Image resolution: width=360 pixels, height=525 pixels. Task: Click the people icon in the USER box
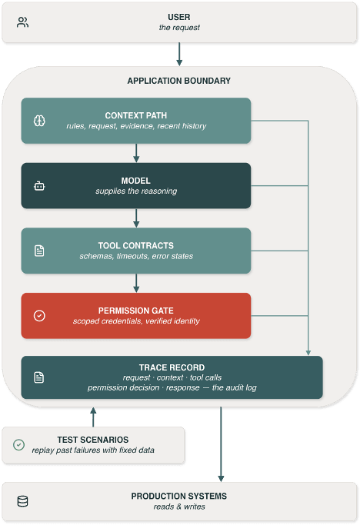tap(22, 22)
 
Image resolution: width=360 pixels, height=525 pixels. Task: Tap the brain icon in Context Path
tap(39, 121)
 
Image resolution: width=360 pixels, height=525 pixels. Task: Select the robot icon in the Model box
tap(39, 186)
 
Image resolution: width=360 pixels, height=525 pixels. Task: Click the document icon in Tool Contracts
tap(39, 251)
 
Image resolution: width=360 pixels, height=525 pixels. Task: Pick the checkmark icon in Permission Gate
tap(39, 316)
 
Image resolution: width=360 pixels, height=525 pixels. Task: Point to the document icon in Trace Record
tap(39, 377)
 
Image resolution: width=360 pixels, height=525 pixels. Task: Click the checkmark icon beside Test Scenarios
tap(18, 444)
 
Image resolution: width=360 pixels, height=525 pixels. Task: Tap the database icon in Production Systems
tap(22, 501)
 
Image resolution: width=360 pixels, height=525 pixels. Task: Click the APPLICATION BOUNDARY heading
tap(179, 81)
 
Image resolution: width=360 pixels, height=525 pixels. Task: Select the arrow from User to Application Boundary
tap(179, 54)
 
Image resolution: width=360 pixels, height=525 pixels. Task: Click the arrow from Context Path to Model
tap(136, 153)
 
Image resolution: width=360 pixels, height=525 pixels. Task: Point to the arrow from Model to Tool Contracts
tap(136, 218)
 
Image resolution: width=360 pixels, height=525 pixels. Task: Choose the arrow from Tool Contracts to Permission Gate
tap(136, 283)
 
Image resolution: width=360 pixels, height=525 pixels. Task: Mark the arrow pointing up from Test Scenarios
tap(94, 417)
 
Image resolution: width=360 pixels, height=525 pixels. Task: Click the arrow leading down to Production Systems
tap(221, 444)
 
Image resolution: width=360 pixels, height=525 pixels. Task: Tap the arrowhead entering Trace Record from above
tap(308, 353)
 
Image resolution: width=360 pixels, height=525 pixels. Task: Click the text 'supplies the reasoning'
tap(136, 191)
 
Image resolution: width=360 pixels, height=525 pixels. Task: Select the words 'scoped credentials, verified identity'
tap(136, 321)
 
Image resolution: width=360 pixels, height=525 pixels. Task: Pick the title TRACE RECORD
tap(172, 367)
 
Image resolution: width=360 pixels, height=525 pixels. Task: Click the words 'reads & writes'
tap(179, 507)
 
